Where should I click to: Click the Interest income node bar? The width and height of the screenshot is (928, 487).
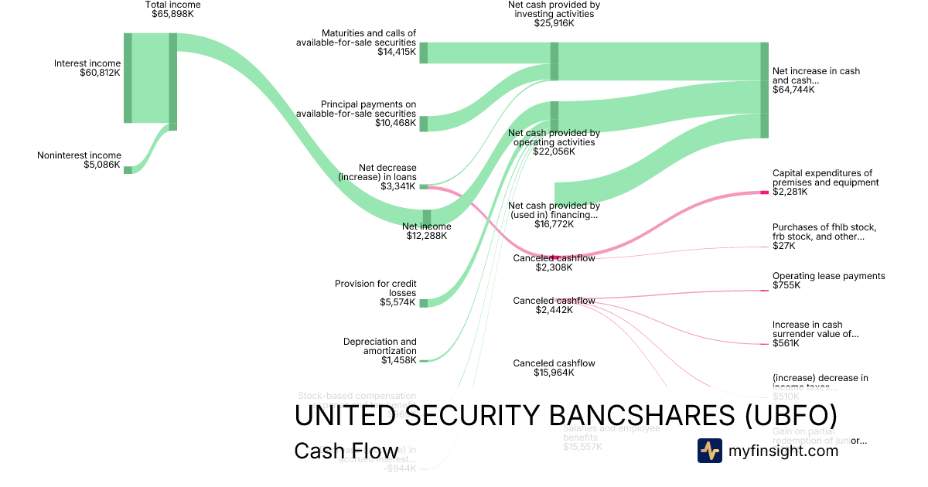[128, 77]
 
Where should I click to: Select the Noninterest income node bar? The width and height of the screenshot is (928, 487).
[128, 169]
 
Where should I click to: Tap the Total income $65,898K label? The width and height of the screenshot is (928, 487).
[172, 9]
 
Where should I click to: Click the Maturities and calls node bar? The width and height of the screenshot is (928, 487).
[424, 53]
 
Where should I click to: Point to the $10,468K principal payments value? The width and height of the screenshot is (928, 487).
[396, 123]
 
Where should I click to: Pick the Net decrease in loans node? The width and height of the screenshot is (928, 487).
[424, 186]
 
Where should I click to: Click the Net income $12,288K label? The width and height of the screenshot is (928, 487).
[426, 231]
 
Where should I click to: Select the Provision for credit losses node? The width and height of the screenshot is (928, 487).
[424, 302]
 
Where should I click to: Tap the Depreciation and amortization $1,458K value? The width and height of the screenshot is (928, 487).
[398, 360]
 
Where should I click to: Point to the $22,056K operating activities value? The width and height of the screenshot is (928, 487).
[554, 152]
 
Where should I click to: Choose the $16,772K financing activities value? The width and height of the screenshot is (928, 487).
[554, 224]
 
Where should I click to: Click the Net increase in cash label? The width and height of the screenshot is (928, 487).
[816, 76]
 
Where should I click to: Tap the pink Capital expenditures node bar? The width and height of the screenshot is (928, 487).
[764, 192]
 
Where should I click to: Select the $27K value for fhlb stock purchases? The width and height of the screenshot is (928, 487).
[783, 246]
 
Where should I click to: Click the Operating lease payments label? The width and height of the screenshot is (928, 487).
[828, 276]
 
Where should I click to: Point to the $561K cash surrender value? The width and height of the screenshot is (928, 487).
[786, 343]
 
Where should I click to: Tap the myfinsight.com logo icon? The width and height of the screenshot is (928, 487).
[710, 451]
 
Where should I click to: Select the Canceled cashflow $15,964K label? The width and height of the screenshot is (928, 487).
[554, 368]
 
